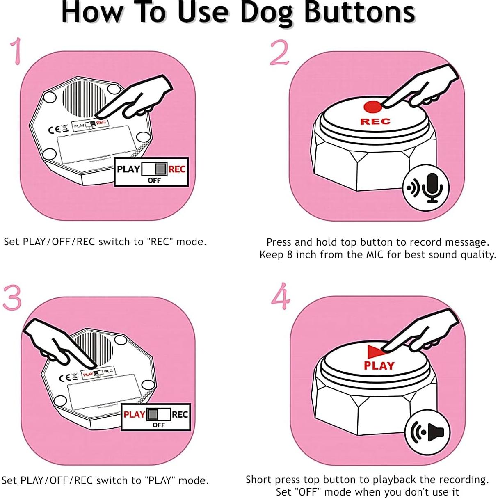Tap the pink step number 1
click(x=16, y=51)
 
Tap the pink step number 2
click(x=280, y=53)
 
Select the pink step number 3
click(x=12, y=297)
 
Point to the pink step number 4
click(x=281, y=296)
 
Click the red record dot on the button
click(x=372, y=107)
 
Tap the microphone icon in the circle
click(x=432, y=187)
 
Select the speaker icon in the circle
click(x=435, y=432)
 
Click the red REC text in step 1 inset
click(x=177, y=169)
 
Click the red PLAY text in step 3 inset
click(x=134, y=415)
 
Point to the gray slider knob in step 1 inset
click(x=161, y=169)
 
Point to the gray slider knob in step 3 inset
click(x=153, y=415)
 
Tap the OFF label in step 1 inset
click(x=154, y=180)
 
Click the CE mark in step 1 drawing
click(x=55, y=130)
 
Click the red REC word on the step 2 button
click(x=375, y=121)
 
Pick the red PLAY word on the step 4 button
click(x=379, y=366)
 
